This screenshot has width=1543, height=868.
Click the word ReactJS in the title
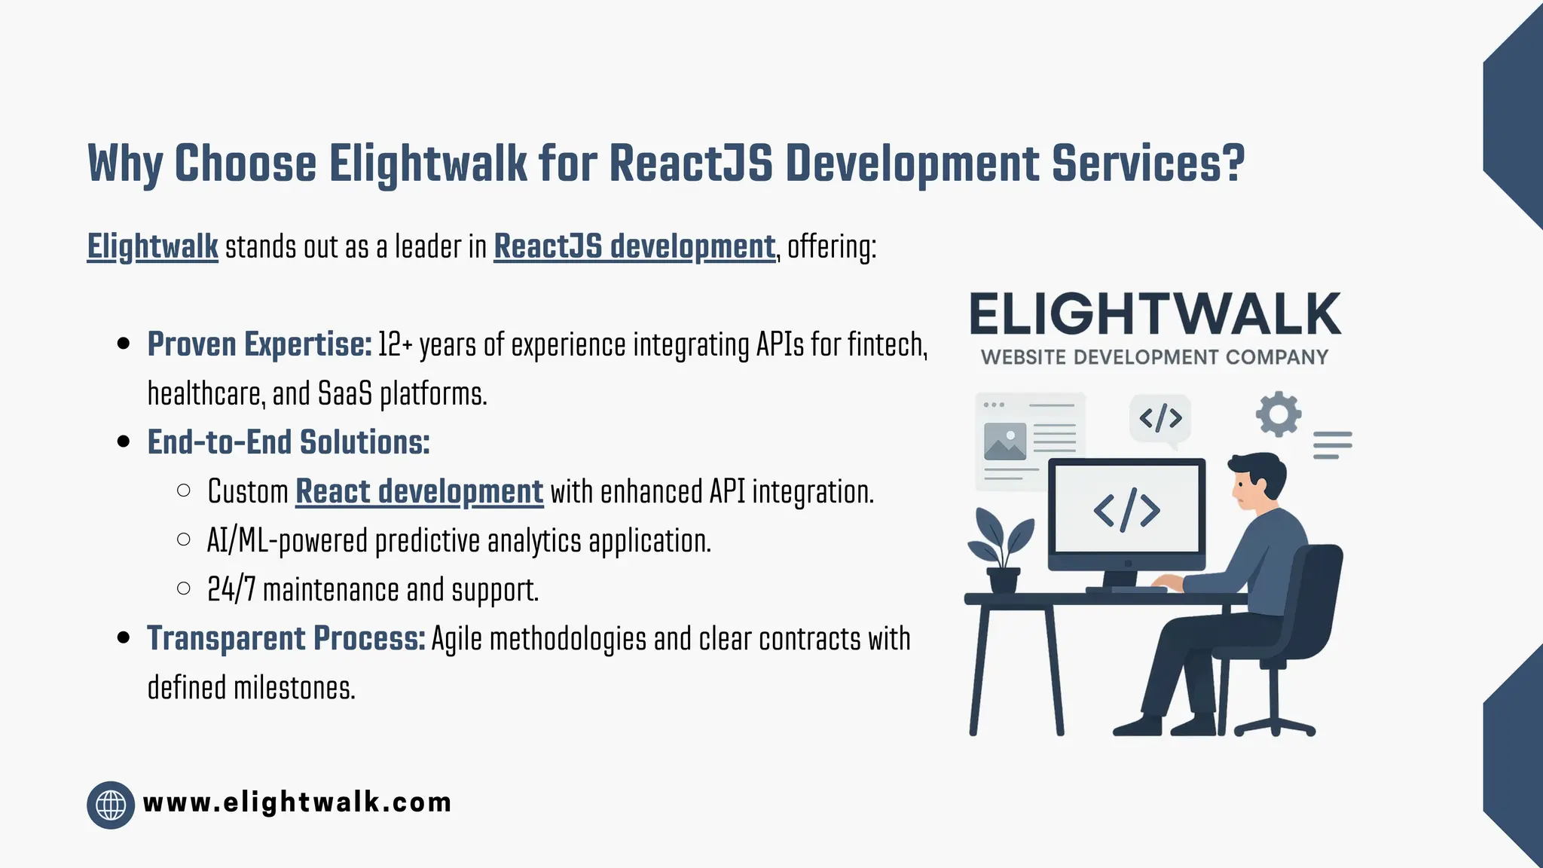click(x=690, y=164)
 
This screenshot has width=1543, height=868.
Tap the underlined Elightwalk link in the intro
click(x=152, y=247)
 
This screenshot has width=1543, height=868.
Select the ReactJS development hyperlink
click(x=634, y=247)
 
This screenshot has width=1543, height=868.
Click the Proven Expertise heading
click(x=259, y=344)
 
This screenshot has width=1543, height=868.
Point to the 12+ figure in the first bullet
click(x=395, y=344)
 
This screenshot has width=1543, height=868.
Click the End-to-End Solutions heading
click(x=288, y=442)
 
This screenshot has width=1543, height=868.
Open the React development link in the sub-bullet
click(x=419, y=492)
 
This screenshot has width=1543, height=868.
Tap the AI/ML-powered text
click(x=287, y=541)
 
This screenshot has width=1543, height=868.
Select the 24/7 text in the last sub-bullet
click(x=231, y=590)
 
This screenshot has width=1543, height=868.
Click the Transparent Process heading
click(x=286, y=639)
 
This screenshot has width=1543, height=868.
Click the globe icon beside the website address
click(x=111, y=805)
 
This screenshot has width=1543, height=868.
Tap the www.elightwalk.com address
click(x=297, y=802)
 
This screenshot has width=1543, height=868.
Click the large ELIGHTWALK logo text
click(x=1154, y=314)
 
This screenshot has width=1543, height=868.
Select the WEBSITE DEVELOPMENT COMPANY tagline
click(x=1154, y=357)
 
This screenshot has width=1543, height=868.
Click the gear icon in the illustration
click(x=1278, y=414)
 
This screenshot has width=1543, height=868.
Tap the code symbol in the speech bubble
click(x=1160, y=417)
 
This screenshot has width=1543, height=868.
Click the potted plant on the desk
click(x=1001, y=550)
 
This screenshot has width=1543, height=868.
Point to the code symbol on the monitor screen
click(x=1126, y=511)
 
